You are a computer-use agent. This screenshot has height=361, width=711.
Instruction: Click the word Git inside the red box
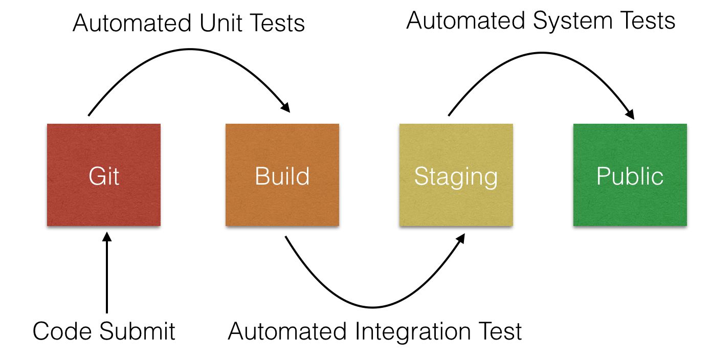pyautogui.click(x=104, y=176)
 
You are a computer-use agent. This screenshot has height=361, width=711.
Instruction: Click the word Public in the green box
pyautogui.click(x=630, y=176)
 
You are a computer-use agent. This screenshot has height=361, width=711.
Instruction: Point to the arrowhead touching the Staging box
pyautogui.click(x=460, y=238)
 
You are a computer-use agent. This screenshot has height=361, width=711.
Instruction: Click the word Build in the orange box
pyautogui.click(x=282, y=176)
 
